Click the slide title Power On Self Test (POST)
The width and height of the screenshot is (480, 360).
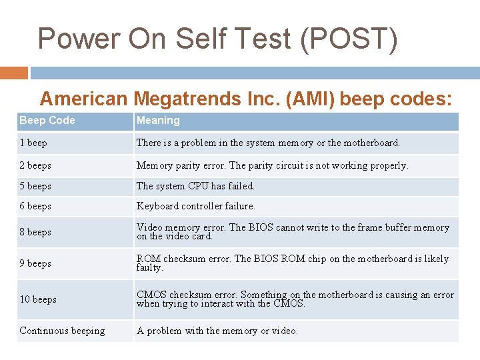click(217, 39)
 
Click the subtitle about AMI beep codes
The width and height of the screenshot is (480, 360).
click(246, 99)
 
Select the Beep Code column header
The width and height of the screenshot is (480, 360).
click(47, 121)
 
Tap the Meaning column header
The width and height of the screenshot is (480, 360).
click(158, 121)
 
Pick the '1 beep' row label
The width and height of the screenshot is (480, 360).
click(33, 143)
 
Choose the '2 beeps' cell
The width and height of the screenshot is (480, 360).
click(35, 165)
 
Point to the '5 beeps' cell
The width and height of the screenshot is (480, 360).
click(35, 186)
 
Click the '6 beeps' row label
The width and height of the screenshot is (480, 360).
click(35, 206)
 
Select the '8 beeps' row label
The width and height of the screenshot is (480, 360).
click(35, 232)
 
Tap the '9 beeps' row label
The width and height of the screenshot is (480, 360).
click(35, 263)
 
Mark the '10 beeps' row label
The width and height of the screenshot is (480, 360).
click(38, 299)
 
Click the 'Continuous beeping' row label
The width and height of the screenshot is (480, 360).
click(62, 331)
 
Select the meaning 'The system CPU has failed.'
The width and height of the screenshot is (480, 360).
click(195, 186)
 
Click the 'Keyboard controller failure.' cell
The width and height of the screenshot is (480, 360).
click(196, 206)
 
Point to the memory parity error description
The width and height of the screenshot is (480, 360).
click(272, 165)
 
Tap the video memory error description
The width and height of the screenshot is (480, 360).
click(293, 232)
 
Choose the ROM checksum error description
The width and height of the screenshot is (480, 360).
click(293, 263)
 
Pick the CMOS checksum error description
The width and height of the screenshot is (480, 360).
click(295, 299)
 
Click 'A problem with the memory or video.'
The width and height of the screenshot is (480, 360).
click(217, 331)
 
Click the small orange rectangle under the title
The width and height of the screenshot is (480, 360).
click(14, 73)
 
